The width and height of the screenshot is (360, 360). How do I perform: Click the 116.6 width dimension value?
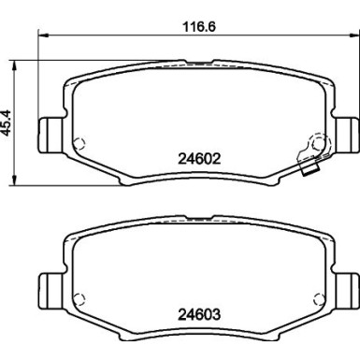[x=199, y=26]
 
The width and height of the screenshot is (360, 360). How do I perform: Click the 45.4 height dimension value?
[x=7, y=122]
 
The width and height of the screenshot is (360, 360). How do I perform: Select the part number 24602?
[x=199, y=159]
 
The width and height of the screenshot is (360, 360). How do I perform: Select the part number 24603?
[x=199, y=314]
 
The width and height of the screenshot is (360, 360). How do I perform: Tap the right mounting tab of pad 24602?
[x=346, y=135]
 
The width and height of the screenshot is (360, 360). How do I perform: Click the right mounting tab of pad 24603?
[x=346, y=291]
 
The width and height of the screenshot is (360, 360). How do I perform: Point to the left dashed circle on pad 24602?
[x=79, y=143]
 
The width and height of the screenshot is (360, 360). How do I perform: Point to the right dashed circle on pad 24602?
[x=318, y=144]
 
